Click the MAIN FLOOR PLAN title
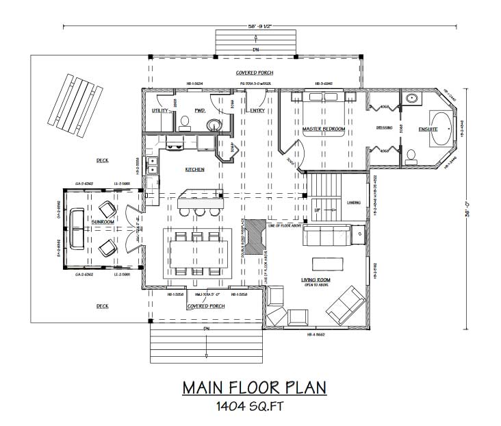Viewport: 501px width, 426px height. [254, 388]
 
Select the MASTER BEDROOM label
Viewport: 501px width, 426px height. [322, 129]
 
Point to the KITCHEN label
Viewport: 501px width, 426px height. [195, 169]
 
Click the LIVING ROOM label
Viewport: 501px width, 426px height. [316, 280]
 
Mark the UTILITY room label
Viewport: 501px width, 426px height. [160, 110]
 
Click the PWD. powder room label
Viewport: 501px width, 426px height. [200, 110]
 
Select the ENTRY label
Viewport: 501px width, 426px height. [257, 110]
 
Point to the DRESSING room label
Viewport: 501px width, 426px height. [383, 128]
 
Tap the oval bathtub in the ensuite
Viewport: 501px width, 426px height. [440, 129]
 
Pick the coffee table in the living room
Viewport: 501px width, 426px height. [327, 264]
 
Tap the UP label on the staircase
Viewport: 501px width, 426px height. [316, 210]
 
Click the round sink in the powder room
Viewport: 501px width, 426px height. [214, 125]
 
